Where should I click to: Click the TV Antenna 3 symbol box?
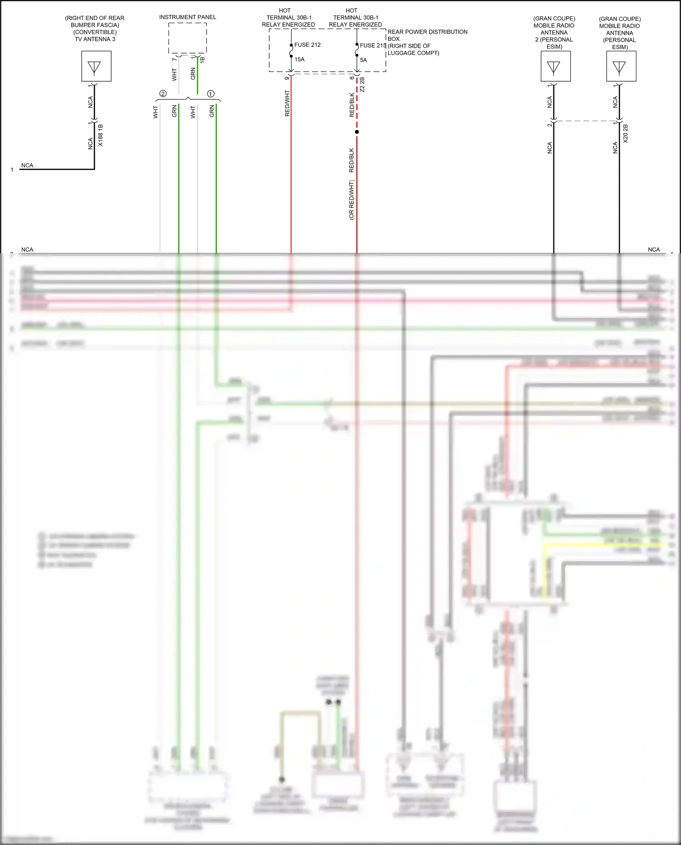pyautogui.click(x=96, y=66)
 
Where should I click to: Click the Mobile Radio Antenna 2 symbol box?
pyautogui.click(x=555, y=66)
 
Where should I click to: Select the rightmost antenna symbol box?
pyautogui.click(x=621, y=66)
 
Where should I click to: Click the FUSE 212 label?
pyautogui.click(x=307, y=45)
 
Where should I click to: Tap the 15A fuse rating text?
pyautogui.click(x=300, y=59)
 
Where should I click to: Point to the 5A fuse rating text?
pyautogui.click(x=363, y=60)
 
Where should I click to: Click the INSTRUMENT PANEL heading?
pyautogui.click(x=188, y=17)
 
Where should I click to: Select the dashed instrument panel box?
pyautogui.click(x=188, y=38)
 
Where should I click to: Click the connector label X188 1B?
pyautogui.click(x=101, y=135)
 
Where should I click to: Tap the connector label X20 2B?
pyautogui.click(x=626, y=133)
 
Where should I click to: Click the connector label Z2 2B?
pyautogui.click(x=362, y=85)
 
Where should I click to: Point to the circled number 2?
pyautogui.click(x=163, y=94)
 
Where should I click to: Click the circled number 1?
pyautogui.click(x=211, y=94)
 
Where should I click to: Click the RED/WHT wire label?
pyautogui.click(x=287, y=103)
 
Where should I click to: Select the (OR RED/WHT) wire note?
pyautogui.click(x=351, y=200)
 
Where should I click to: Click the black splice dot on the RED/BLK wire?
pyautogui.click(x=357, y=132)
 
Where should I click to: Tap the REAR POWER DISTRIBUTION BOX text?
pyautogui.click(x=427, y=35)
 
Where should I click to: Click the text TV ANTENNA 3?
pyautogui.click(x=95, y=39)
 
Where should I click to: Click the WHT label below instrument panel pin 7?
pyautogui.click(x=174, y=75)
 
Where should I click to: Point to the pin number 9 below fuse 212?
pyautogui.click(x=287, y=78)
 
